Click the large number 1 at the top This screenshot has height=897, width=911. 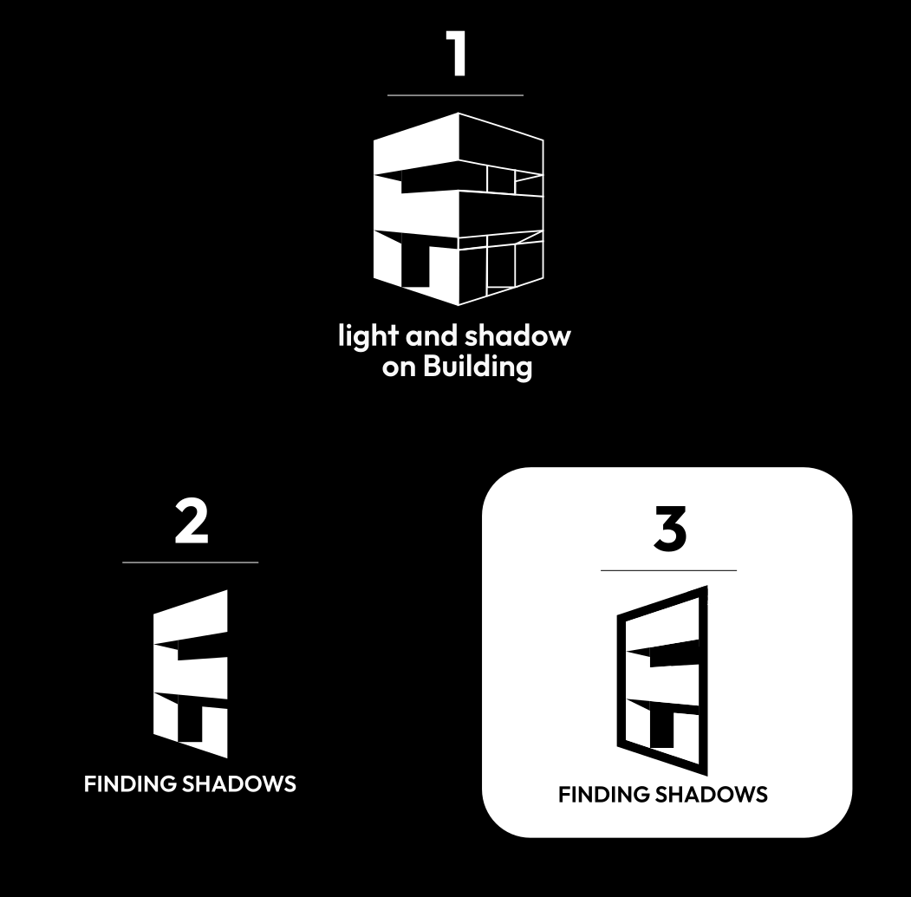pyautogui.click(x=457, y=54)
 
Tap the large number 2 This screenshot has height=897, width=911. pyautogui.click(x=192, y=523)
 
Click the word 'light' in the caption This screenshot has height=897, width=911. pyautogui.click(x=368, y=336)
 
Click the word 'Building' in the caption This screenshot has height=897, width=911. pyautogui.click(x=477, y=367)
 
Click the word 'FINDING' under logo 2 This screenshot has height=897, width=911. pyautogui.click(x=130, y=784)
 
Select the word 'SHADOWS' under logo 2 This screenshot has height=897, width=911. pyautogui.click(x=239, y=784)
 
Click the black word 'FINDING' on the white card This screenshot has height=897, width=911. pyautogui.click(x=605, y=794)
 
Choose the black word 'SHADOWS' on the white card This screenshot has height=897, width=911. pyautogui.click(x=713, y=794)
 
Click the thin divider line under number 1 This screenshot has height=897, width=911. pyautogui.click(x=456, y=94)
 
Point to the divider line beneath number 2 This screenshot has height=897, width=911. pyautogui.click(x=191, y=562)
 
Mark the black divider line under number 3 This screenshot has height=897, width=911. pyautogui.click(x=668, y=570)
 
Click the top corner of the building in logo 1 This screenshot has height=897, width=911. pyautogui.click(x=459, y=113)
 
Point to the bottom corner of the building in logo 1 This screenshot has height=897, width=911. pyautogui.click(x=459, y=305)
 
